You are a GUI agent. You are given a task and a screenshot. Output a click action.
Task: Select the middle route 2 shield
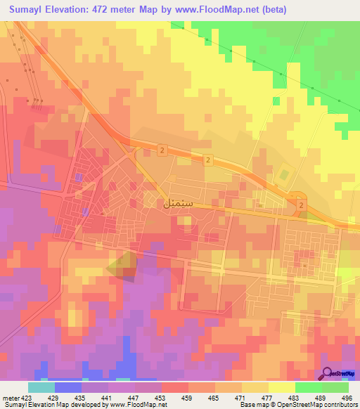pyautogui.click(x=209, y=161)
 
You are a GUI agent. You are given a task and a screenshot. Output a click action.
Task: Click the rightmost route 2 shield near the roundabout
pyautogui.click(x=302, y=204)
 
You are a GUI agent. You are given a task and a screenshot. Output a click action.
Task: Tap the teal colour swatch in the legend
pyautogui.click(x=41, y=387)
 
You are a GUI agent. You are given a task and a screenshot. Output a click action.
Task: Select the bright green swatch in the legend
pyautogui.click(x=308, y=387)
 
